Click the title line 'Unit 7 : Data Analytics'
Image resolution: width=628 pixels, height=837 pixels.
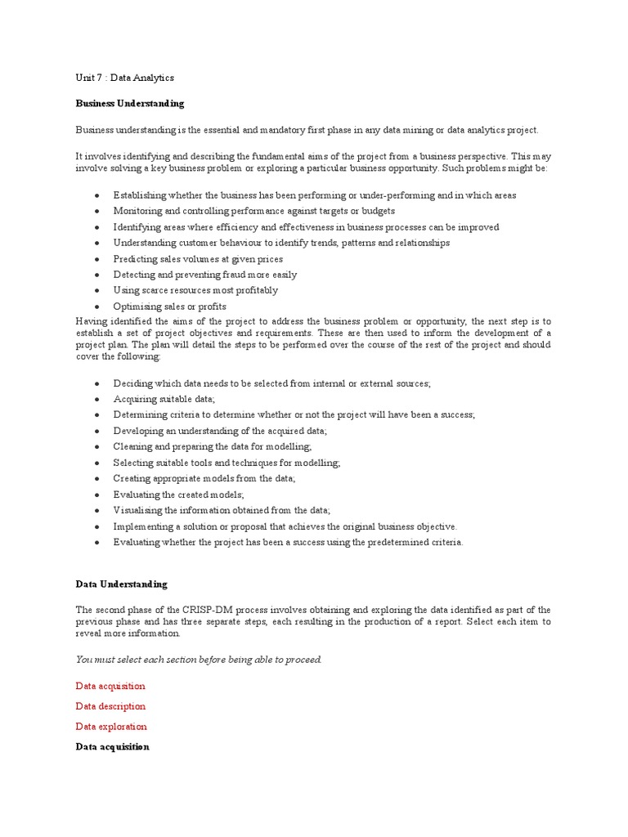coord(124,78)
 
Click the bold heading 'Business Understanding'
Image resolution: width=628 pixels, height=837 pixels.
coord(130,104)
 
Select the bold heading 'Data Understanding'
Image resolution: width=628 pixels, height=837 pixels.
coord(122,584)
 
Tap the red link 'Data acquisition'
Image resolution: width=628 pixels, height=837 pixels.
coord(110,687)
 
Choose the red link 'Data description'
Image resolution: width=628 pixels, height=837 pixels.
coord(110,706)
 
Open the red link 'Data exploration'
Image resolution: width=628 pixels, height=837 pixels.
coord(111,727)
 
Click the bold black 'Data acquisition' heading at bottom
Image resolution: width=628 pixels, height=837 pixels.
coord(112,747)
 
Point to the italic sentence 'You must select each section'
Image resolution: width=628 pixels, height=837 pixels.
coord(199,660)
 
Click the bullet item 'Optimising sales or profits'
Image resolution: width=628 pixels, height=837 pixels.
coord(169,307)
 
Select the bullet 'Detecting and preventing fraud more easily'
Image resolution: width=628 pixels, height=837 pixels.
coord(204,275)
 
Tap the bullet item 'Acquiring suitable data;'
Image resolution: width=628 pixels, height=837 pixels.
coord(164,399)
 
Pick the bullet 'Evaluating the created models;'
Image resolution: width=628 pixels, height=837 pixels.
coord(178,495)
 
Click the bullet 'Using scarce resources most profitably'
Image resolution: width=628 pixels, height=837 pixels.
coord(195,290)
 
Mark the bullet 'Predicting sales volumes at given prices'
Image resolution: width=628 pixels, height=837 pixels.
coord(198,259)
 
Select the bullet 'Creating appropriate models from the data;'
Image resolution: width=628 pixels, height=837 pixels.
coord(204,479)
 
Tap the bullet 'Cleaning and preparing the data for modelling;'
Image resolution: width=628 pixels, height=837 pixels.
coord(212,447)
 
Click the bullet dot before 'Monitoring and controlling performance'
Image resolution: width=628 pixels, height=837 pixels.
coord(97,212)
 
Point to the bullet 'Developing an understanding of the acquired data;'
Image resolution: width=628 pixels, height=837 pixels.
coord(219,431)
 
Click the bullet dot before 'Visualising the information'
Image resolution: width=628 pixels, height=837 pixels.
coord(97,511)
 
